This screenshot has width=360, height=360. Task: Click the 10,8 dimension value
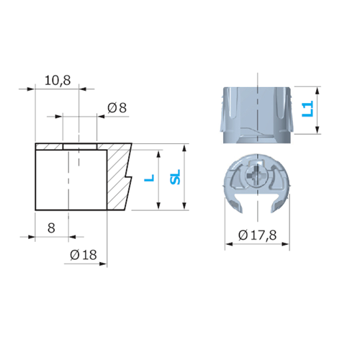click(58, 81)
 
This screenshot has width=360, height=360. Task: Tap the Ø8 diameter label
click(117, 108)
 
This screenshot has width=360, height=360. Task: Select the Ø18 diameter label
click(84, 255)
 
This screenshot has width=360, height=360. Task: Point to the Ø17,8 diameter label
click(258, 235)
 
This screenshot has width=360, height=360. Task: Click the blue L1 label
click(307, 109)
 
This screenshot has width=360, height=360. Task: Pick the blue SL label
click(175, 177)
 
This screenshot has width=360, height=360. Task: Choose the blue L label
click(149, 178)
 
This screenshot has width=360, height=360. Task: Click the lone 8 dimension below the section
click(51, 228)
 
